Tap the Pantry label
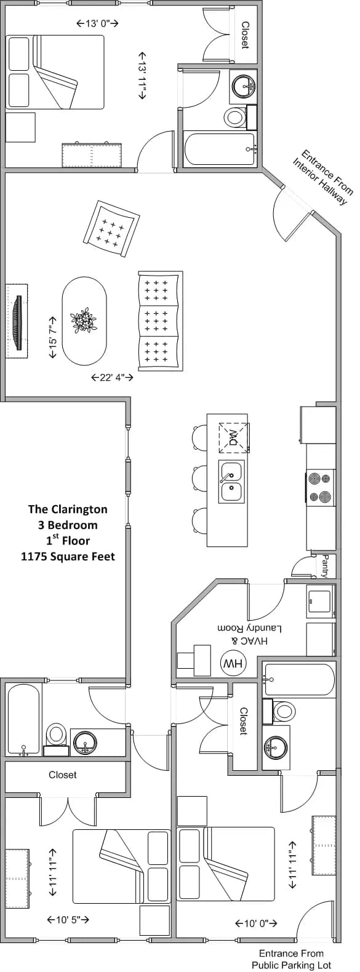pos(325,566)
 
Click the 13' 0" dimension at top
pos(97,23)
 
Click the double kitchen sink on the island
pos(231,482)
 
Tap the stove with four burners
pos(321,487)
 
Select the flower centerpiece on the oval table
pos(83,321)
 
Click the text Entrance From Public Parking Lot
pos(283,959)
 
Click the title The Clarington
pos(68,509)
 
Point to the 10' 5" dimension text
pos(68,920)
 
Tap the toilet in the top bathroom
pos(234,116)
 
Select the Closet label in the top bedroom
pos(245,35)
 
